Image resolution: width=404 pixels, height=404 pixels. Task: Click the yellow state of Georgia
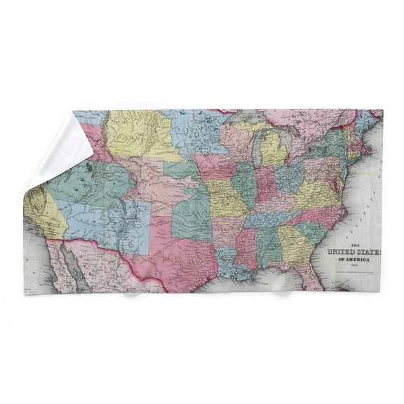(295, 242)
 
